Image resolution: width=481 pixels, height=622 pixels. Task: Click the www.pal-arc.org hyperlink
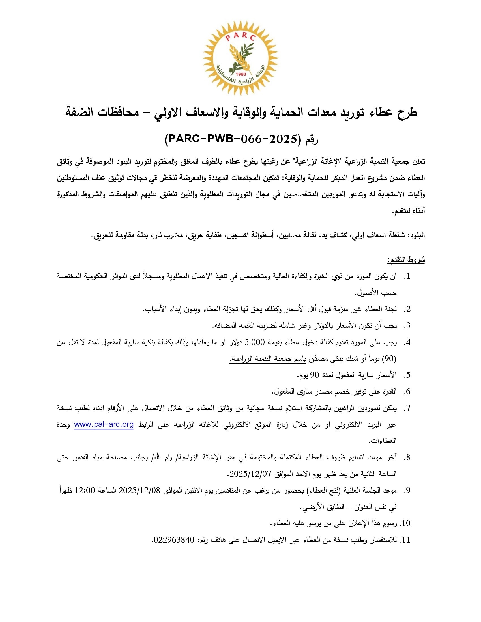pos(104,424)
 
